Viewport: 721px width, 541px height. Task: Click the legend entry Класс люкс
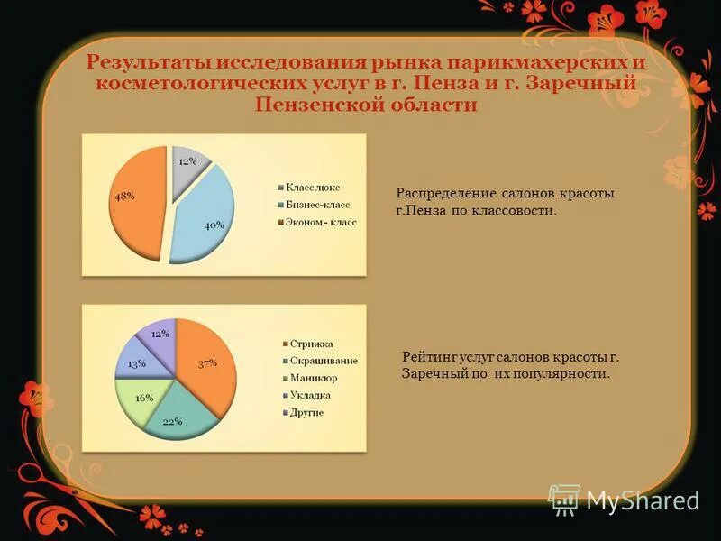click(311, 187)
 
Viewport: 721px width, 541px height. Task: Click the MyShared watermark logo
click(624, 500)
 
